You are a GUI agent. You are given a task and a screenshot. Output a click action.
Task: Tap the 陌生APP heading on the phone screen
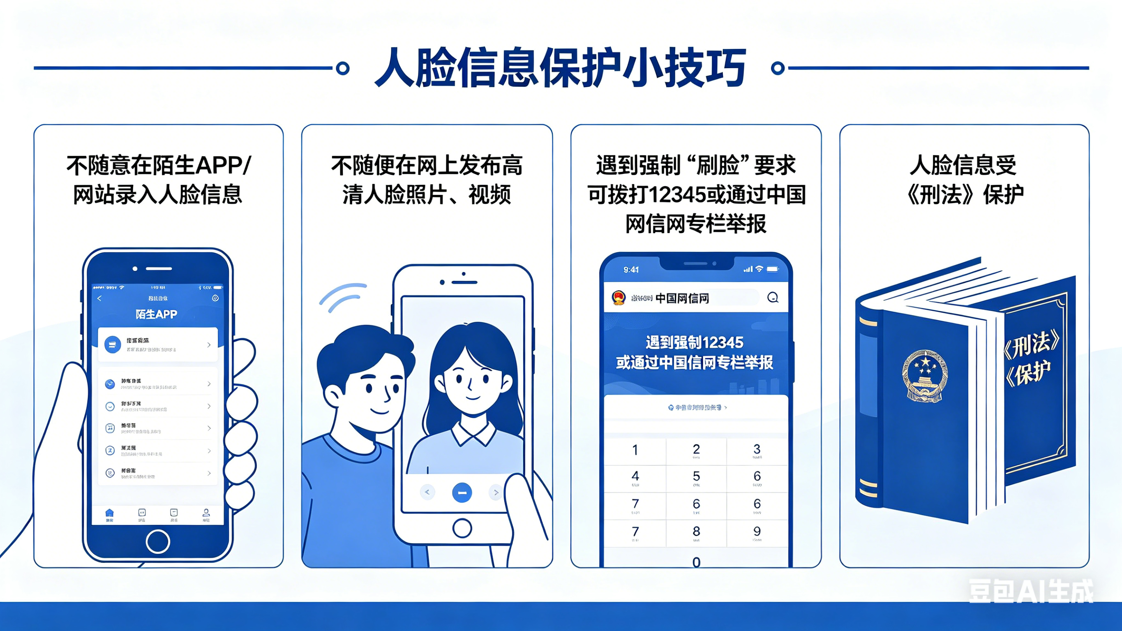click(156, 314)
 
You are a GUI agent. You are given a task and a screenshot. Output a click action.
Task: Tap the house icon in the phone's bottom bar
click(109, 513)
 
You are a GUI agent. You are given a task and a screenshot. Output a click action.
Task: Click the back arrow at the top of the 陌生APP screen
click(99, 298)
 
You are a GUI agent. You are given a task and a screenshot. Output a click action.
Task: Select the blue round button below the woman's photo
click(462, 493)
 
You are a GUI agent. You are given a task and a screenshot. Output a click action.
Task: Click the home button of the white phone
click(462, 529)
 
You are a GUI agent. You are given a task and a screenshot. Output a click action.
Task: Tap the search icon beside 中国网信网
click(773, 298)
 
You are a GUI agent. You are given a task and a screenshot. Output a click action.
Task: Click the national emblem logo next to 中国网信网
click(619, 298)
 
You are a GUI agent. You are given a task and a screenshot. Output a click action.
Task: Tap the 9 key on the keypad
click(757, 532)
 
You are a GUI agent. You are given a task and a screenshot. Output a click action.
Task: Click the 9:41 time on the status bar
click(631, 270)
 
